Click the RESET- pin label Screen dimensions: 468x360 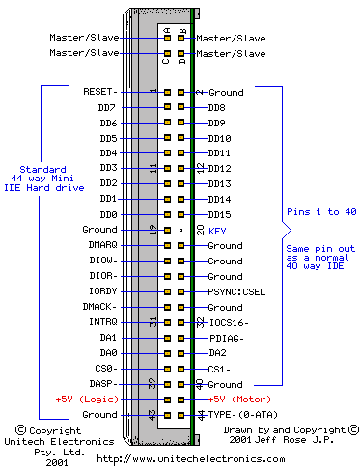pos(101,92)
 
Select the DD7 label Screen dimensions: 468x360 pos(106,107)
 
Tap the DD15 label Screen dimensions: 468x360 pos(220,214)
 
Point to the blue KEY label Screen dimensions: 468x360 pos(217,231)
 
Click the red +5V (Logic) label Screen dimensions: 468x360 pos(86,399)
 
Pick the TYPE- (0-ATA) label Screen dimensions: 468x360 pos(241,414)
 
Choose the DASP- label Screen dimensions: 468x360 pos(103,383)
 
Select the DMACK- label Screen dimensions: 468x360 pos(100,307)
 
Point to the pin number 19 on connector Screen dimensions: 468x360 pos(153,230)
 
